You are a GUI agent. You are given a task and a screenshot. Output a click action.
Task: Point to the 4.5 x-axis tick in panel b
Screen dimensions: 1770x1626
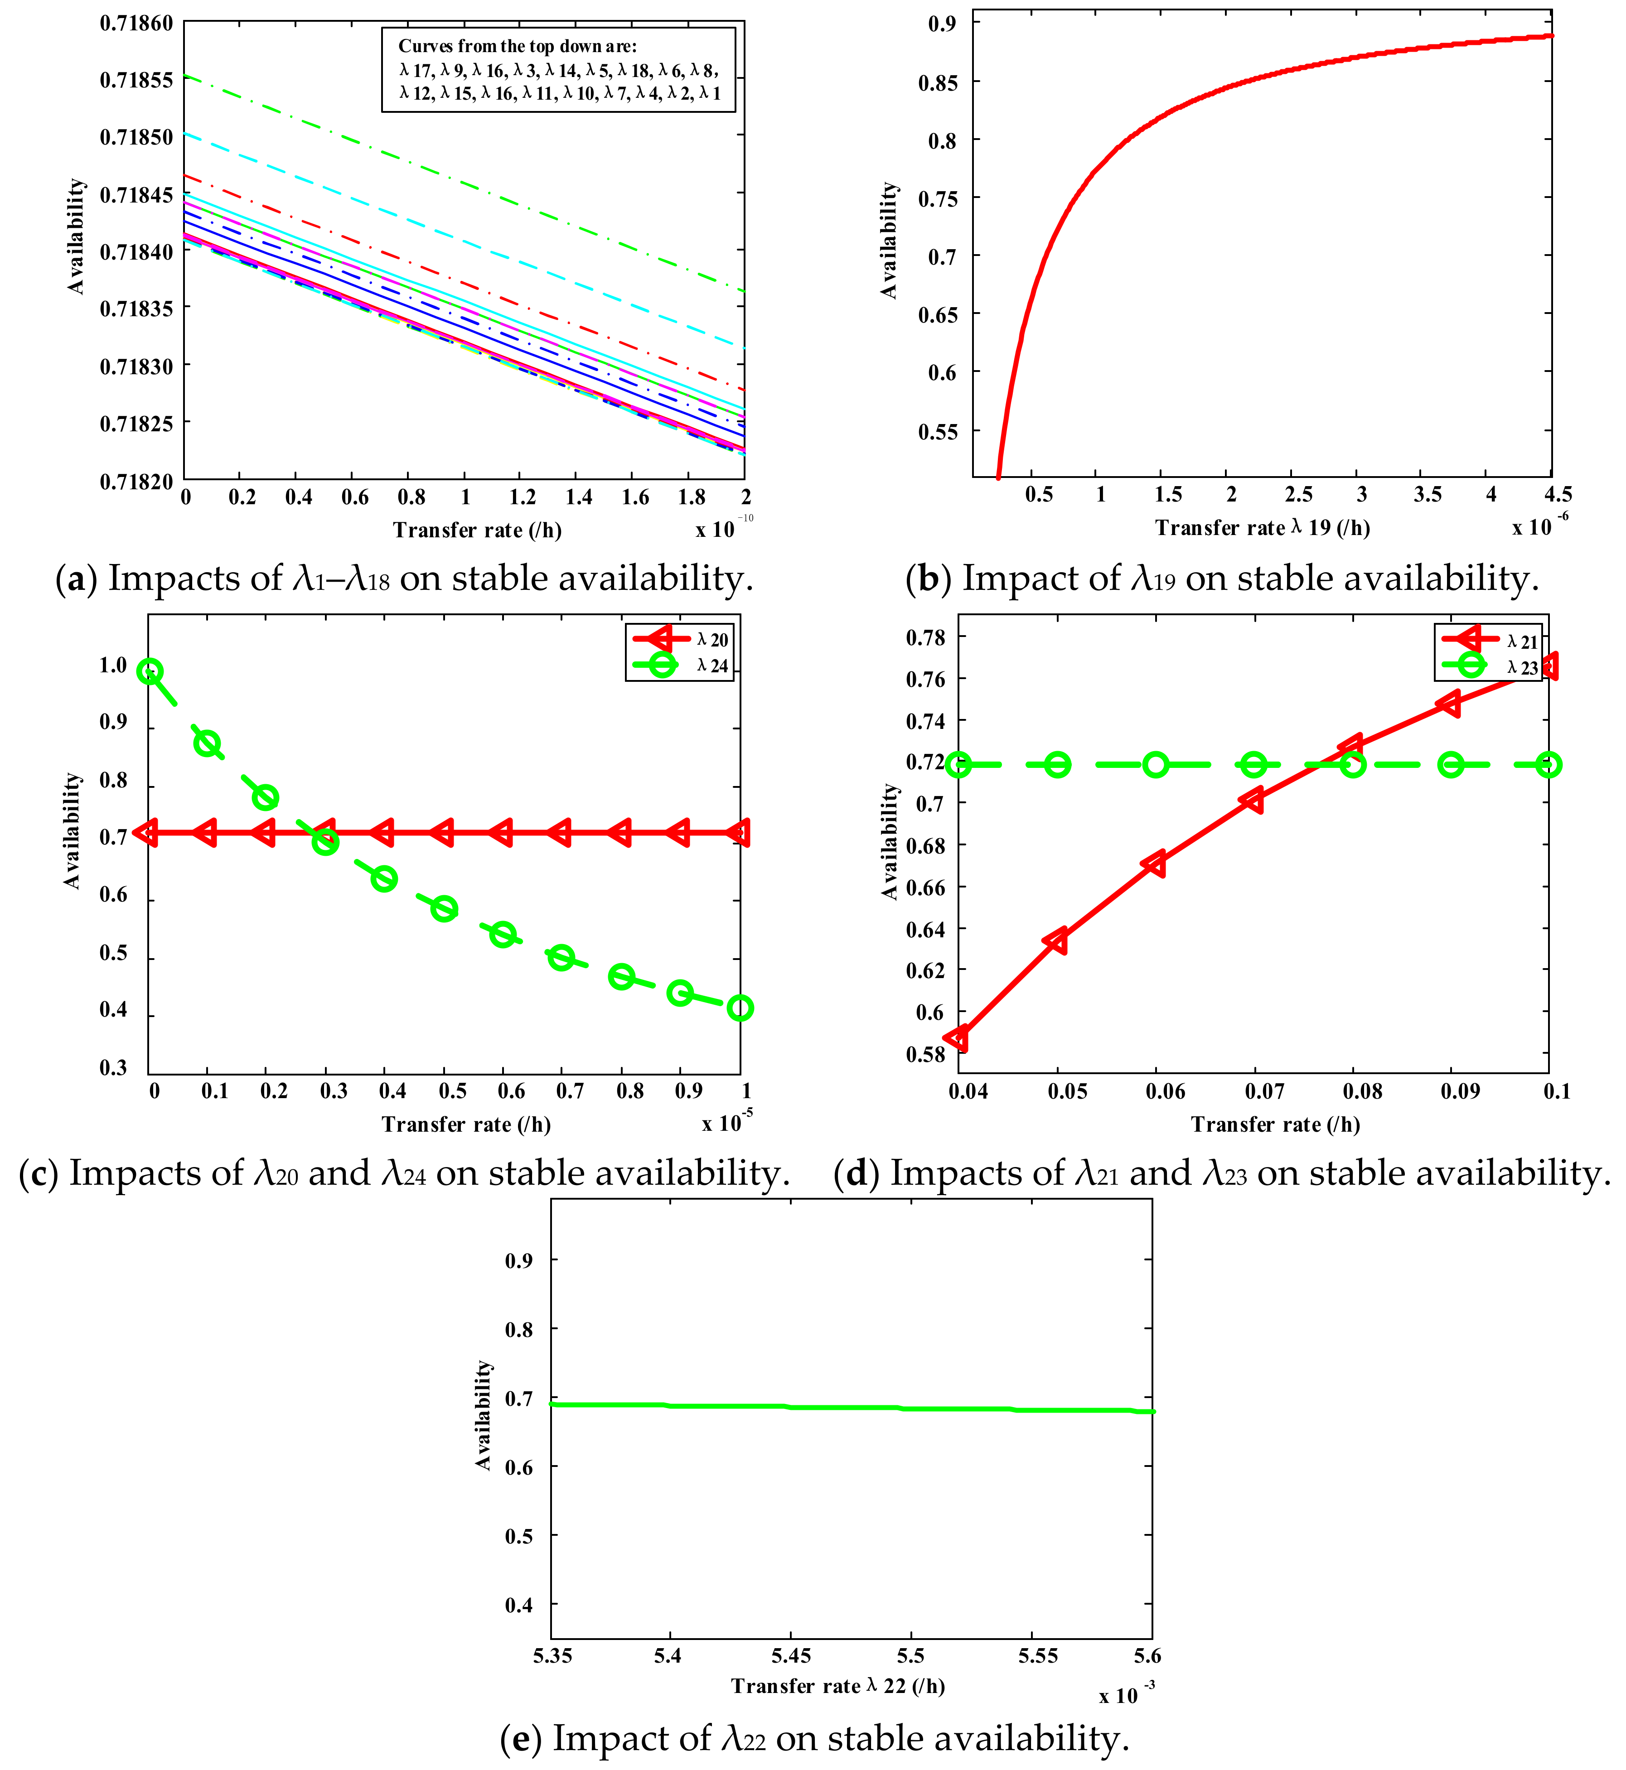[x=1558, y=494]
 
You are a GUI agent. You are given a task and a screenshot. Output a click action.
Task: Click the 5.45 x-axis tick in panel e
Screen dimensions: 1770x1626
[x=791, y=1656]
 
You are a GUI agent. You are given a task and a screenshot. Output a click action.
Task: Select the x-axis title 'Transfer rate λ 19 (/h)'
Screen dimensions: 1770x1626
[x=1262, y=528]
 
